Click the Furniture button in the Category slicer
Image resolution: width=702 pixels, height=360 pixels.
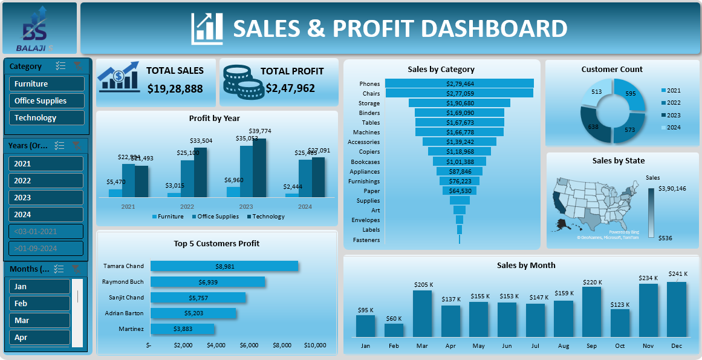pos(47,84)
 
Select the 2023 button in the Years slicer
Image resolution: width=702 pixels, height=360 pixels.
pos(45,198)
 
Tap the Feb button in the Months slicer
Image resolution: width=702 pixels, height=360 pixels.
pos(39,304)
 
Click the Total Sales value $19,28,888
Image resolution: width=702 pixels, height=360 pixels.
pos(175,88)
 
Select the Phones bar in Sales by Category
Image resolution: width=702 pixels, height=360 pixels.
pos(460,83)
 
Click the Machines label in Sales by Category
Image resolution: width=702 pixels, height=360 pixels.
pos(366,133)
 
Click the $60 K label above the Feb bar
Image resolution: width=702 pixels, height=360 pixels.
pos(394,319)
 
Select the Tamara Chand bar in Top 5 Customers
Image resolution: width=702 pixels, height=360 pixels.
pos(224,266)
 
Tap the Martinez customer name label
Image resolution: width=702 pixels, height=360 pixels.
pos(132,329)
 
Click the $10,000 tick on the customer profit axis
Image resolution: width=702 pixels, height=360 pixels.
pos(314,345)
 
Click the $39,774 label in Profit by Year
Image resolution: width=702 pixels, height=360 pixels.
pos(260,131)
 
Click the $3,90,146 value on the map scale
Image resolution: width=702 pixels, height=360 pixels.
pos(672,189)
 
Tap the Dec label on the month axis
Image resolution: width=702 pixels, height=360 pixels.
pos(677,346)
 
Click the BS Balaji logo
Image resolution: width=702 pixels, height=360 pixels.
pos(39,28)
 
